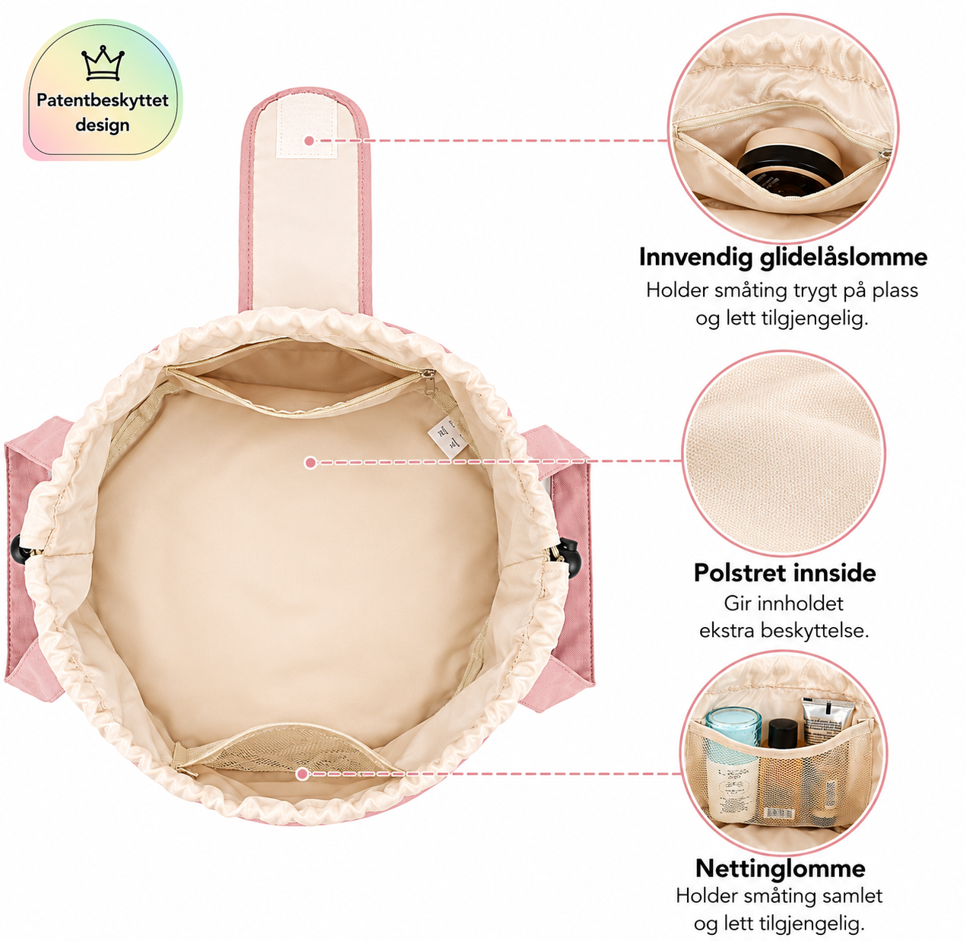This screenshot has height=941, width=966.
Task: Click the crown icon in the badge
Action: pos(103,63)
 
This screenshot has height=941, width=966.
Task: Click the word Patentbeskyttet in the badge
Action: pos(103,100)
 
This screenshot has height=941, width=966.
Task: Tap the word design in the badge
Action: pos(103,125)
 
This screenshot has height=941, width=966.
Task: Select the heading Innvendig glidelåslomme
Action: pos(783,257)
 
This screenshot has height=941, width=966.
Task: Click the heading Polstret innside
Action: pos(785,572)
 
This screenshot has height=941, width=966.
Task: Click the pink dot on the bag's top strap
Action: pos(309,141)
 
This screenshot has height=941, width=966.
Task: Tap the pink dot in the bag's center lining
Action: pos(311,463)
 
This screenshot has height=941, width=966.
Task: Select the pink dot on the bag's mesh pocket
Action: pos(302,774)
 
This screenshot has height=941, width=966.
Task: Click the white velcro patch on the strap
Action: pos(307,127)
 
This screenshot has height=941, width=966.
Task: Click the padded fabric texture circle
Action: pos(784,453)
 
